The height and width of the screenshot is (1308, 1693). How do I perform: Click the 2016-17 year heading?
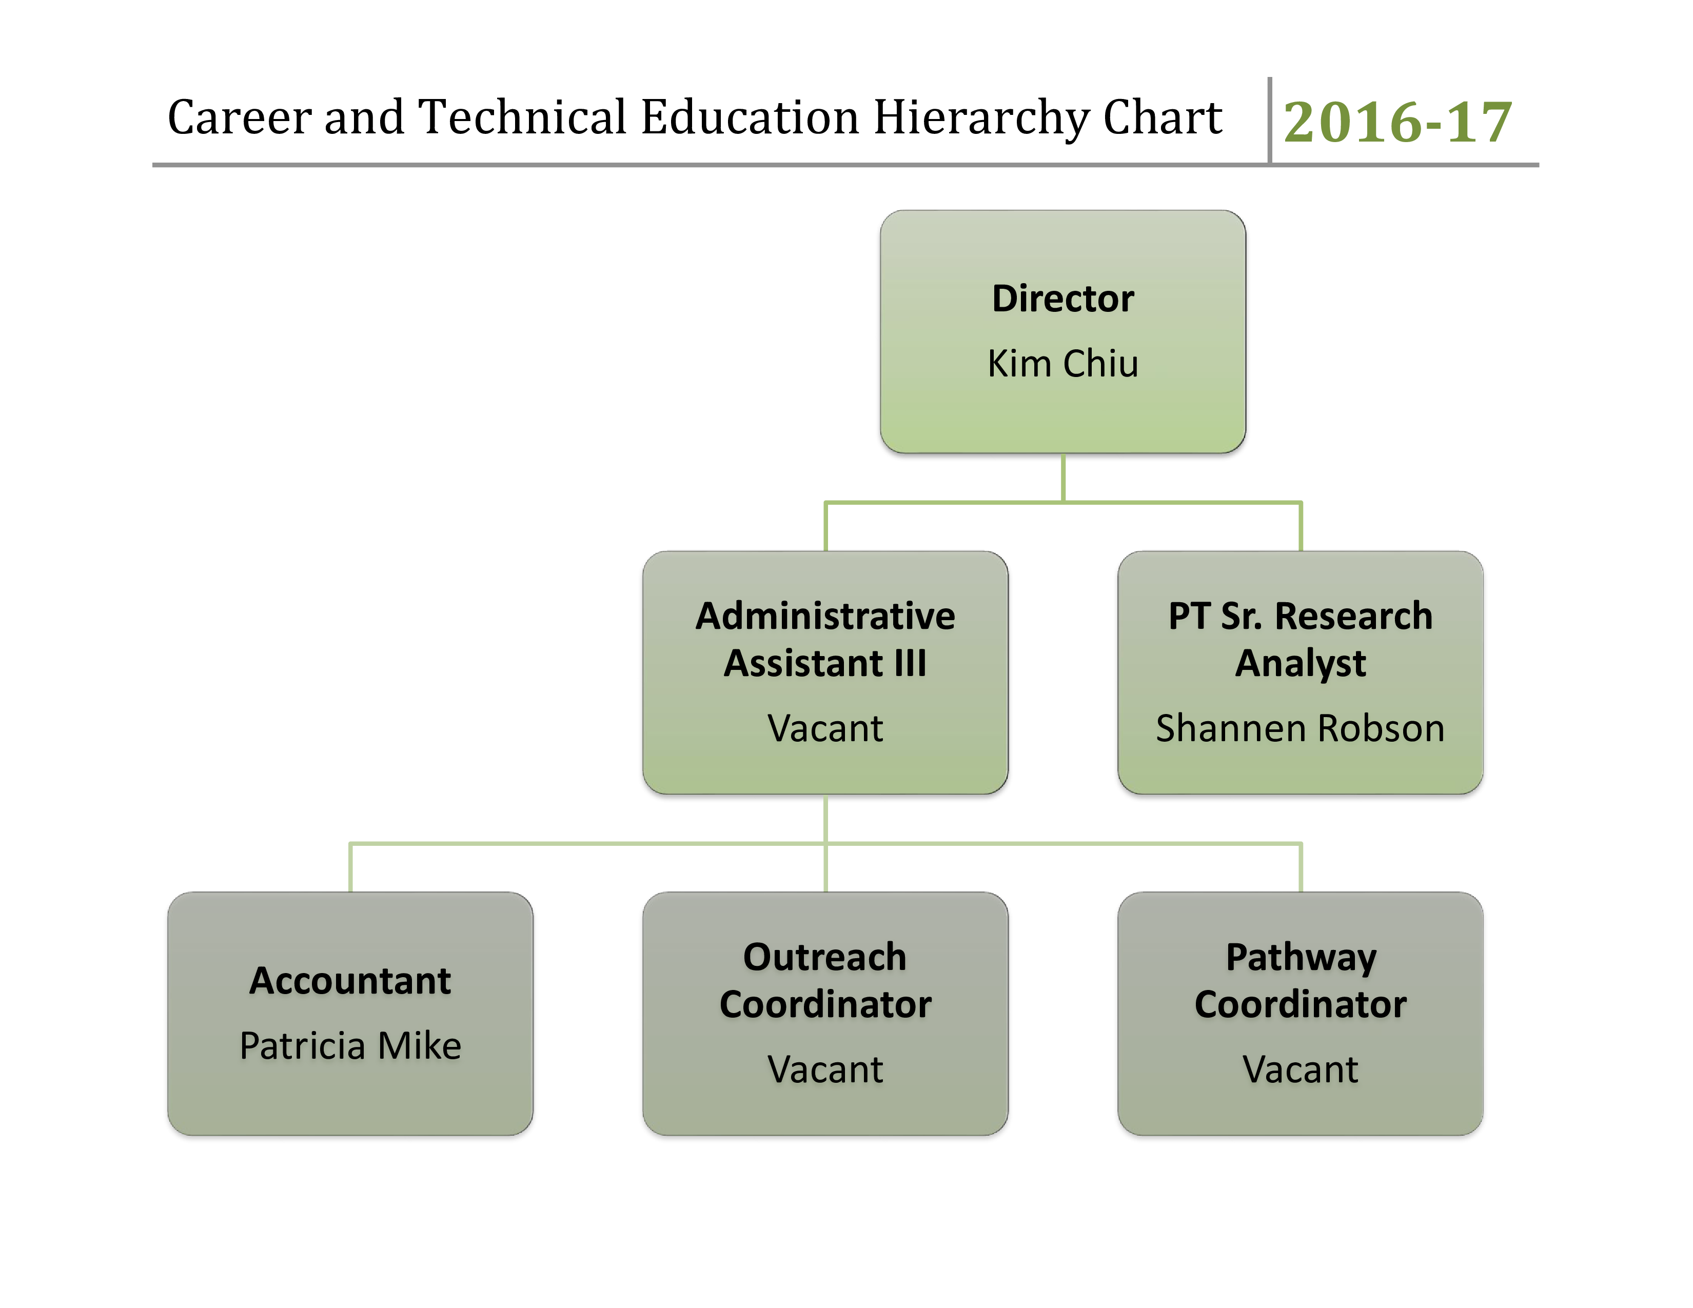pos(1397,123)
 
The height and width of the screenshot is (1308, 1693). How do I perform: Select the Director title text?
pos(1063,299)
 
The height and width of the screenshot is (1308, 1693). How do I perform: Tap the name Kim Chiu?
pos(1063,364)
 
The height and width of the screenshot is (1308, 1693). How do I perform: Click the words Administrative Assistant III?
pos(825,639)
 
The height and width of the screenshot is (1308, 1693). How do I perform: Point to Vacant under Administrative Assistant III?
pos(825,728)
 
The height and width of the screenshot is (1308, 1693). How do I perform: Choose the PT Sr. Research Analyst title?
pos(1300,639)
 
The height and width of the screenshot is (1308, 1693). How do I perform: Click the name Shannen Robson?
pos(1300,728)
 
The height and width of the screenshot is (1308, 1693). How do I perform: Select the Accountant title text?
pos(349,981)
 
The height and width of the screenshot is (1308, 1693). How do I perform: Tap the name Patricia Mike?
pos(349,1046)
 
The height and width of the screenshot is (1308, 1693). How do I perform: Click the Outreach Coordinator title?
pos(825,981)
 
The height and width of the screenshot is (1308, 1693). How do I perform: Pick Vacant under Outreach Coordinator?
pos(825,1070)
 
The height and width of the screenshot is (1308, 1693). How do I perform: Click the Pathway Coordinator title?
pos(1300,981)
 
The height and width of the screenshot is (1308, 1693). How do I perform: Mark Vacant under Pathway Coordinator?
pos(1300,1070)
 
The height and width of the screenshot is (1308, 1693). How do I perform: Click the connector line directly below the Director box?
pos(1063,477)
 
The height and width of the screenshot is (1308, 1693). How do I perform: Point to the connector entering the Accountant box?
pos(350,868)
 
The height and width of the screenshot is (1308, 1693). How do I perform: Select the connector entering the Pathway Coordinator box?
pos(1301,868)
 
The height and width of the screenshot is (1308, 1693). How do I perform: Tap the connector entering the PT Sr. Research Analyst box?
pos(1301,527)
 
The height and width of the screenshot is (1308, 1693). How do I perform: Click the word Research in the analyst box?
pos(1353,617)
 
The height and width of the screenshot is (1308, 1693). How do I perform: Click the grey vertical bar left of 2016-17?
pos(1269,120)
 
